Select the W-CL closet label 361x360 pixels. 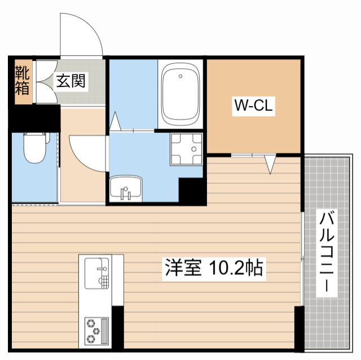click(x=254, y=106)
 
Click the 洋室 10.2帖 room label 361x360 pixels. click(x=214, y=267)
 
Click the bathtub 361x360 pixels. click(x=180, y=94)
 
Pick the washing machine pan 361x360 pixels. click(x=186, y=148)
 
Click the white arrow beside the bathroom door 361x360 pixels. click(x=116, y=121)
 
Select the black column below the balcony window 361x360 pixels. click(x=298, y=330)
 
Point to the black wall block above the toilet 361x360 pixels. click(x=34, y=118)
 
